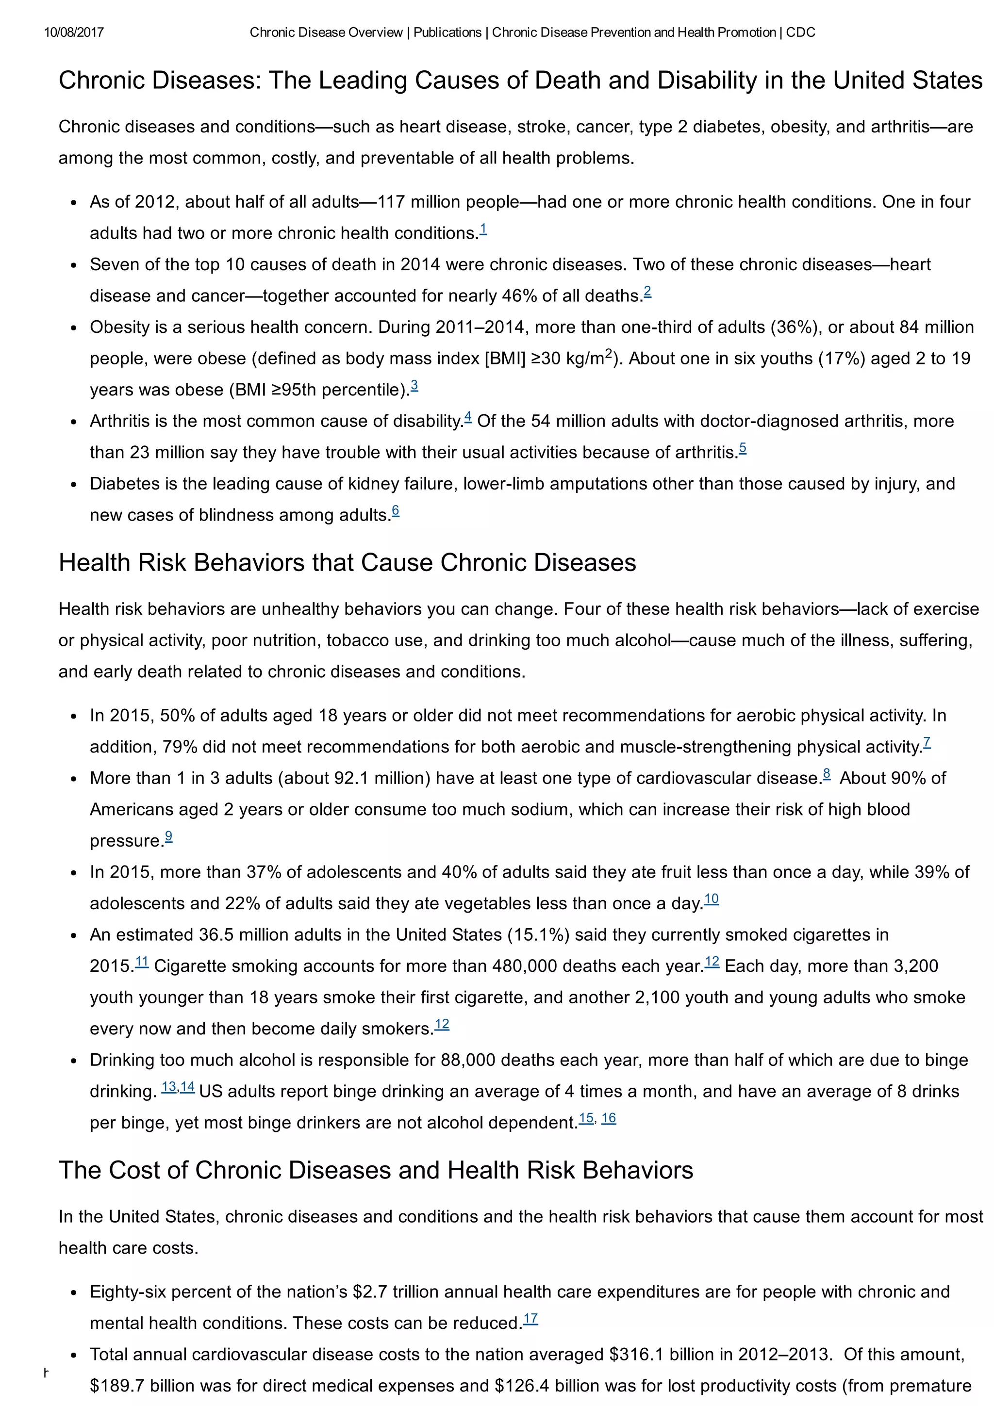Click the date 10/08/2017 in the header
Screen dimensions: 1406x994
[73, 33]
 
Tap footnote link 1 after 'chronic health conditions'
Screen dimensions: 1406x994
[483, 229]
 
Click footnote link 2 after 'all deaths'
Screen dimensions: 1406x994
[647, 292]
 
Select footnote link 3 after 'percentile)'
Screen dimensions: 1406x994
[414, 386]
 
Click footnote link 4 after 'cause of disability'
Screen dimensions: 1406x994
[468, 418]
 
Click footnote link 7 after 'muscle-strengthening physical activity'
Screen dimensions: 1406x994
[927, 743]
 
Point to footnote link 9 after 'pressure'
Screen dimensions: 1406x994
[168, 836]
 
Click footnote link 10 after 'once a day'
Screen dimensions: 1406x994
[711, 899]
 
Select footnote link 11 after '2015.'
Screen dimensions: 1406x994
[141, 962]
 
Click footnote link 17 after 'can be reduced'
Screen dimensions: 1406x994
[530, 1319]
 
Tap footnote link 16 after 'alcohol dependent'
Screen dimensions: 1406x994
[608, 1118]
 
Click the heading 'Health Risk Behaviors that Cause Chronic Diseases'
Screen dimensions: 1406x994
[347, 563]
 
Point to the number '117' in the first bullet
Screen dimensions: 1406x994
[391, 202]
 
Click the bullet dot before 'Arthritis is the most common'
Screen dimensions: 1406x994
[73, 423]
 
